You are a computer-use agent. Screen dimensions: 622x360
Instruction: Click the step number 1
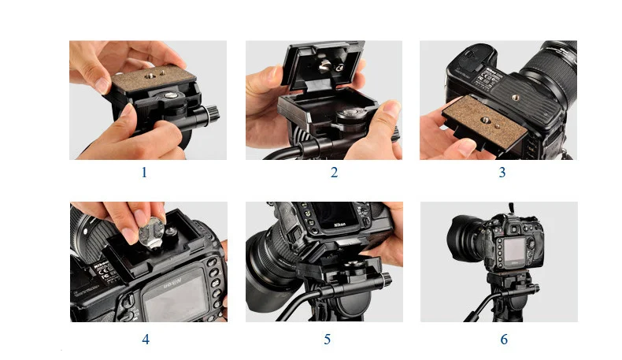[x=144, y=173]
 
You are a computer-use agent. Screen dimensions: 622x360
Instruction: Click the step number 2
[x=334, y=173]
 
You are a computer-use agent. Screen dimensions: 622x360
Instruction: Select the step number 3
[x=502, y=173]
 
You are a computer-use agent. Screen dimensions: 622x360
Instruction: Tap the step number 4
[x=146, y=340]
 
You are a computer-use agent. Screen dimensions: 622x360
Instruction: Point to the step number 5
[x=327, y=340]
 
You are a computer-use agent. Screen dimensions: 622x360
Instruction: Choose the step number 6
[x=504, y=340]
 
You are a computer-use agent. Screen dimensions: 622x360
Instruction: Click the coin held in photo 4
[x=151, y=233]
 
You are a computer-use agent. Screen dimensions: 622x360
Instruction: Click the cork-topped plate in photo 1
[x=154, y=78]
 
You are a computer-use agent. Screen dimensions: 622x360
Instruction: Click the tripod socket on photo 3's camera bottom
[x=515, y=96]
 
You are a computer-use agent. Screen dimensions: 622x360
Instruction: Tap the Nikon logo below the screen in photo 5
[x=339, y=225]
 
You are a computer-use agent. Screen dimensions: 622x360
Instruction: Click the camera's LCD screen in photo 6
[x=514, y=252]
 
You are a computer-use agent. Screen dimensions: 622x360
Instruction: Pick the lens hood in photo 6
[x=462, y=238]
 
